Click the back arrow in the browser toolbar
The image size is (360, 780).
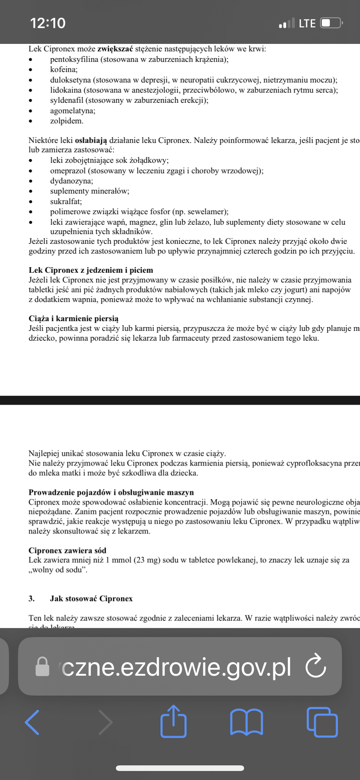pos(32,722)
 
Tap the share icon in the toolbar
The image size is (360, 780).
pos(174,721)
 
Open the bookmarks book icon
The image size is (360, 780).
pos(246,722)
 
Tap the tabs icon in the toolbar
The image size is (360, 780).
pos(322,722)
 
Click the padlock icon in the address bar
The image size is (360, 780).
pos(42,666)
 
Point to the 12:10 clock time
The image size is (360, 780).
pos(48,23)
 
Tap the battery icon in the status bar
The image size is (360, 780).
pos(331,23)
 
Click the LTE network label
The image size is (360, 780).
pos(307,24)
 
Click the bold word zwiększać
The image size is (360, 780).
pos(115,49)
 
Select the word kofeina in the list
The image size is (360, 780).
pos(63,69)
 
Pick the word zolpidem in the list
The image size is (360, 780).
pos(66,121)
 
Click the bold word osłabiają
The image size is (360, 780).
pos(91,141)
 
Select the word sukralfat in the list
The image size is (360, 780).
pos(66,202)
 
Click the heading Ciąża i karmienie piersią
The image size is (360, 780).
pos(73,319)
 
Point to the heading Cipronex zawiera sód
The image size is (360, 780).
pos(67,550)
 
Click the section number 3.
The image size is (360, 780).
pos(31,598)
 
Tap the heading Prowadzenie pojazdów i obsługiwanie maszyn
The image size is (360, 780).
pos(111,492)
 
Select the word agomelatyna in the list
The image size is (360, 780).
pos(72,111)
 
